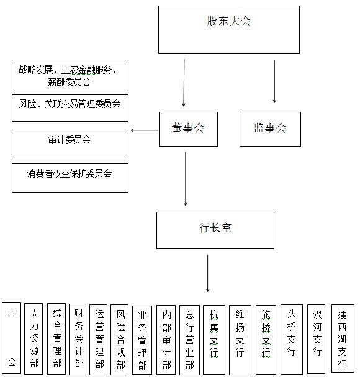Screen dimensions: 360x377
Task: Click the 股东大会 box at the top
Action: tap(229, 30)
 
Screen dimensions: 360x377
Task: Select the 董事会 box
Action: tap(188, 129)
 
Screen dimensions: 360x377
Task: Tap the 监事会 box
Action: tap(270, 129)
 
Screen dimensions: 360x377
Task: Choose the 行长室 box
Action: tap(215, 230)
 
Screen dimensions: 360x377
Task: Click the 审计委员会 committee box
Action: tap(70, 144)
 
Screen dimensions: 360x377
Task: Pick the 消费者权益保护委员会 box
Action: tap(70, 178)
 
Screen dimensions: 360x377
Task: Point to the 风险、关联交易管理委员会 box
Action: tap(70, 108)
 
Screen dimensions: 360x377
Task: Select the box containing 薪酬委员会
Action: tap(70, 76)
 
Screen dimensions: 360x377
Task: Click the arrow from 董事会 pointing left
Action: tap(145, 130)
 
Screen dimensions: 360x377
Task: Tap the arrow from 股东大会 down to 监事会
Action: tap(274, 81)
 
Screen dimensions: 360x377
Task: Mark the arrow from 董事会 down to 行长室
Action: tap(186, 179)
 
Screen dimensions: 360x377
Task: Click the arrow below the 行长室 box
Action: tap(208, 273)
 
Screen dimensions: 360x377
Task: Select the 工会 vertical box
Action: tap(12, 338)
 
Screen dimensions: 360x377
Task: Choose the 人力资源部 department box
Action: tap(34, 338)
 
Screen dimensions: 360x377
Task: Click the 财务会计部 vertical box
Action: tap(78, 340)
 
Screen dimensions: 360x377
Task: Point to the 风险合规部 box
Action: tap(120, 340)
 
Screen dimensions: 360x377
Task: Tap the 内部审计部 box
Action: tap(166, 340)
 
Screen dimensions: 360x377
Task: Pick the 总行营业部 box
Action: tap(189, 340)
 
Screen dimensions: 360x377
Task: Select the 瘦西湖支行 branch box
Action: tap(343, 338)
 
